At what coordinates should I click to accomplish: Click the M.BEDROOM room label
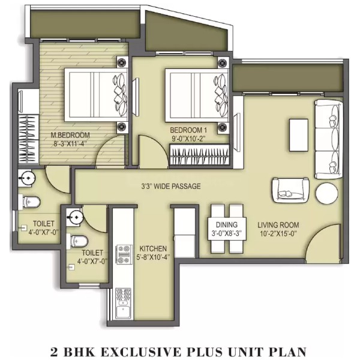[x=70, y=135]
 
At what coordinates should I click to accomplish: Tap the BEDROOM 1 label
[x=188, y=130]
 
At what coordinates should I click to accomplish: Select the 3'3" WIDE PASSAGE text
[x=171, y=186]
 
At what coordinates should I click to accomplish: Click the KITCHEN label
[x=153, y=248]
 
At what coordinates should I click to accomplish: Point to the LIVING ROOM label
[x=278, y=225]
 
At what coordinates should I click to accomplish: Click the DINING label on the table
[x=227, y=224]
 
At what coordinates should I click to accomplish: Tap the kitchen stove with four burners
[x=124, y=254]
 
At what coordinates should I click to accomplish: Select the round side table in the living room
[x=326, y=193]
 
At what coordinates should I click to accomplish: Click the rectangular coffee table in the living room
[x=298, y=135]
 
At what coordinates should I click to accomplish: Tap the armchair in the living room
[x=290, y=190]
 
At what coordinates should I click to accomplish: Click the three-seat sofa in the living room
[x=329, y=139]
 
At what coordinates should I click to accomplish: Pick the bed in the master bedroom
[x=96, y=95]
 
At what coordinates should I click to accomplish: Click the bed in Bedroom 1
[x=197, y=95]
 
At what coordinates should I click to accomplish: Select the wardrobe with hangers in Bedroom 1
[x=200, y=154]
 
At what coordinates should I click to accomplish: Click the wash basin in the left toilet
[x=27, y=177]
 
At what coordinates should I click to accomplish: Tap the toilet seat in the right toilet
[x=77, y=241]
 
